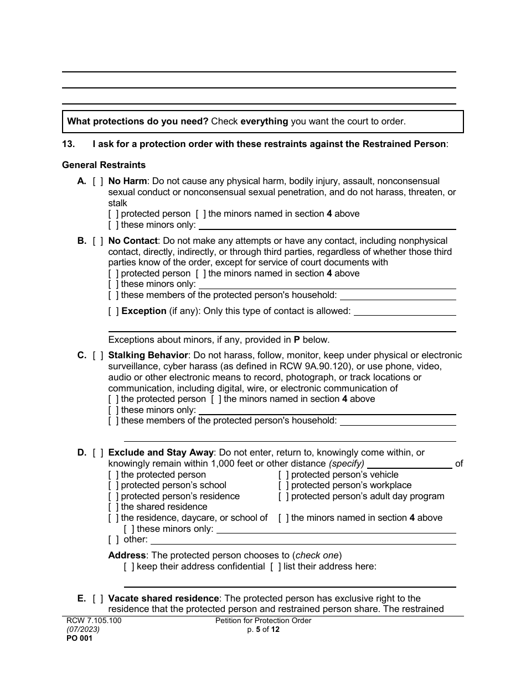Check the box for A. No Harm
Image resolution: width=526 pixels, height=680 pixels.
coord(98,181)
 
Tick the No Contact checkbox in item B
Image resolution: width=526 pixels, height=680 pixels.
coord(98,241)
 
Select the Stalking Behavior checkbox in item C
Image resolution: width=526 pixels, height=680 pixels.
coord(98,355)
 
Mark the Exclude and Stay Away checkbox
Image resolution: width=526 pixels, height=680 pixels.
coord(98,453)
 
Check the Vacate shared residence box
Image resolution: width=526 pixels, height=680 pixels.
coord(98,599)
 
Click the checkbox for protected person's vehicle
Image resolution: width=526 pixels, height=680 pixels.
coord(283,475)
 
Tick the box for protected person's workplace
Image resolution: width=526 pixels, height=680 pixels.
coord(283,485)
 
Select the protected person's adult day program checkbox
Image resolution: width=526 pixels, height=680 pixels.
coord(283,496)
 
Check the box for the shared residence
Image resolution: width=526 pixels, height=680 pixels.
coord(114,507)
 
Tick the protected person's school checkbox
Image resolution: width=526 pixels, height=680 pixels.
coord(114,485)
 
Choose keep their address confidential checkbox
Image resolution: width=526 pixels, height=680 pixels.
coord(129,567)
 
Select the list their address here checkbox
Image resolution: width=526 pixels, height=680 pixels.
coord(276,567)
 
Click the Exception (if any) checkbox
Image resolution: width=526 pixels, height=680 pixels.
coord(114,311)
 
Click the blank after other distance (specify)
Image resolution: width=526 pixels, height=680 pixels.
coord(409,464)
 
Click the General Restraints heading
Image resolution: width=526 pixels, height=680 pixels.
coord(104,165)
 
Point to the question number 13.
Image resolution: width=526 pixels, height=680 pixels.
coord(68,144)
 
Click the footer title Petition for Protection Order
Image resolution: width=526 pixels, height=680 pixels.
coord(263,621)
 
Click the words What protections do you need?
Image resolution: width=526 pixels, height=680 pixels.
coord(138,122)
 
